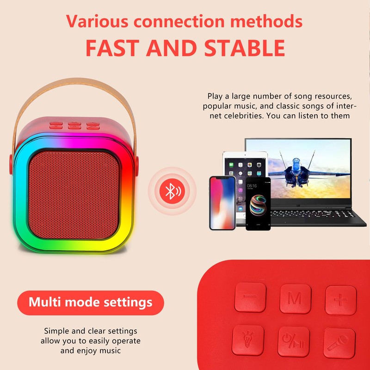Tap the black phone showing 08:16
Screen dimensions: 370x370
(258, 203)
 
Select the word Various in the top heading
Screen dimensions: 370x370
(95, 21)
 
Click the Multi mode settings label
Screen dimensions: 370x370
(91, 302)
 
